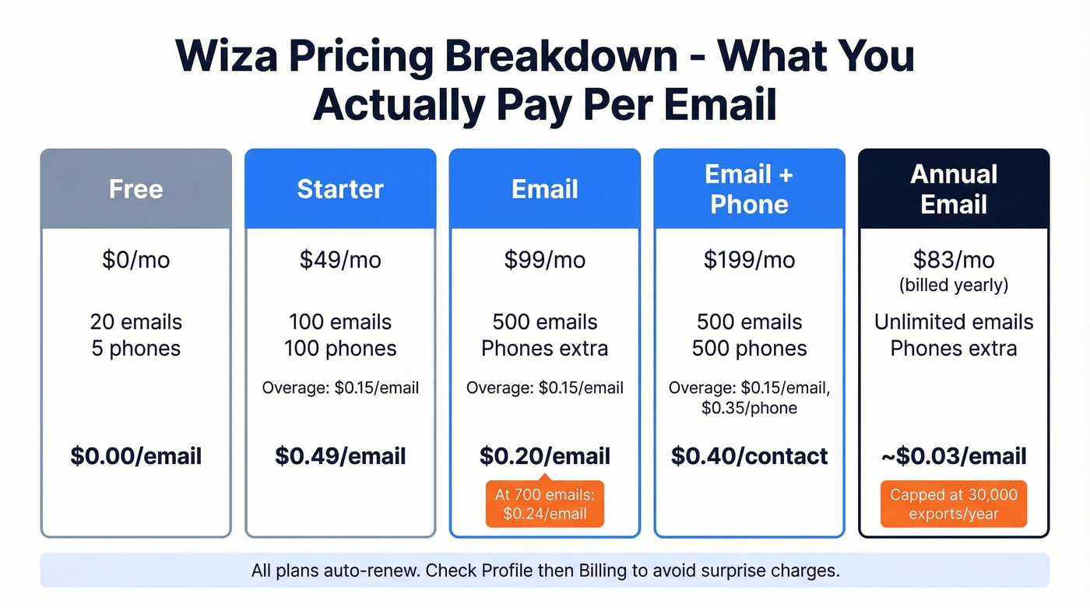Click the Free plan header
click(x=136, y=189)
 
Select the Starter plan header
click(x=340, y=189)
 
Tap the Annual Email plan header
click(x=954, y=189)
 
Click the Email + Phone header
click(x=749, y=189)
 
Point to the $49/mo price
click(x=340, y=259)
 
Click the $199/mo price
click(x=749, y=259)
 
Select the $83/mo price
click(x=954, y=259)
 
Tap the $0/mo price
click(x=136, y=259)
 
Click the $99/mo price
click(x=545, y=259)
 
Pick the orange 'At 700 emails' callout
click(x=545, y=504)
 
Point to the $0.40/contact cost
click(x=749, y=455)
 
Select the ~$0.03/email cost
click(x=954, y=455)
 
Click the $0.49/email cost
click(x=340, y=455)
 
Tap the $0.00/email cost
click(x=136, y=455)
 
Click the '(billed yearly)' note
click(x=954, y=285)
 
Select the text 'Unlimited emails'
click(x=954, y=322)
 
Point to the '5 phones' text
click(x=136, y=348)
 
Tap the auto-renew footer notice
click(x=545, y=571)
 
